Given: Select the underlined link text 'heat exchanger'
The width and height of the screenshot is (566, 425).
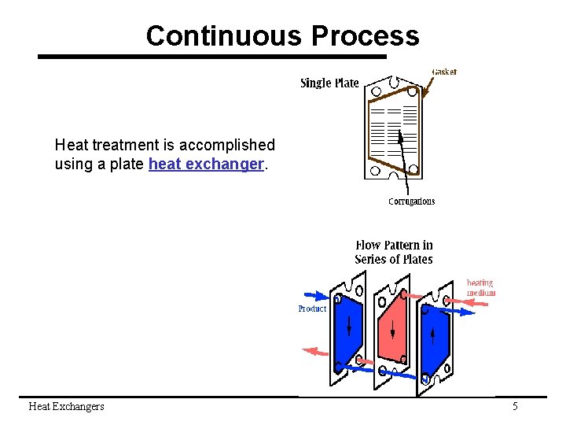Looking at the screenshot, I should [x=206, y=164].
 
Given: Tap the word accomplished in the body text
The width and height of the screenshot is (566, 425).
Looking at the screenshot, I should [x=226, y=145].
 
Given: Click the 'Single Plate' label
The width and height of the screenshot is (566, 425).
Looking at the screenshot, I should [x=329, y=83].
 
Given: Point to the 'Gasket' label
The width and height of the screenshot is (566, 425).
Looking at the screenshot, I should [x=444, y=72].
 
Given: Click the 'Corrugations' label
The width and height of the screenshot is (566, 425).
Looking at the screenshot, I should [x=411, y=201].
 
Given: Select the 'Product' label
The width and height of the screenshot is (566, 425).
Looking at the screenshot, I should [x=312, y=309].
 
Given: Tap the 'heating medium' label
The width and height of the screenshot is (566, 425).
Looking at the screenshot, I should [x=481, y=287].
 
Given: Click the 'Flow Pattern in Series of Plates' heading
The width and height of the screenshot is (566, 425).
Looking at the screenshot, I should [x=394, y=252].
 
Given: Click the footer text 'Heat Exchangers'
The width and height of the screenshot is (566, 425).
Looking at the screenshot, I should [x=66, y=406].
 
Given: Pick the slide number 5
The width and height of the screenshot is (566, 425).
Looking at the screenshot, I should [x=515, y=406].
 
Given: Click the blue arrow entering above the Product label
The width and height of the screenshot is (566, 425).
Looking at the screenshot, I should [x=314, y=297].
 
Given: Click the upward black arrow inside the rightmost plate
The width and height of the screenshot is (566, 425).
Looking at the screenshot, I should [x=432, y=337].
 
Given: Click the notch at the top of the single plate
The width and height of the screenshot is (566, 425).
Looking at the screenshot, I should [x=393, y=80].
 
